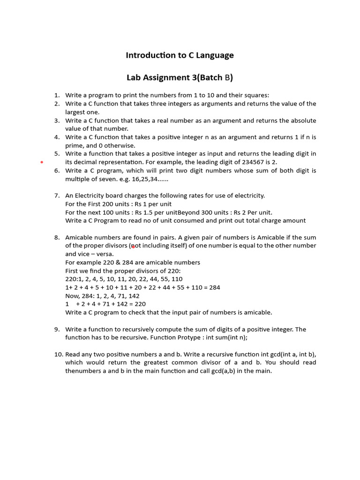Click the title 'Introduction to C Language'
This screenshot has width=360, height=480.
click(180, 55)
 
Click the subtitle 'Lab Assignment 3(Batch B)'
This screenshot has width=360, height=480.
click(180, 77)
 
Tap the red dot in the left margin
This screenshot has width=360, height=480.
click(42, 162)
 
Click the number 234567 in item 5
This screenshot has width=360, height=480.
click(247, 162)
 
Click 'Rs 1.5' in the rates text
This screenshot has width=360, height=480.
click(143, 212)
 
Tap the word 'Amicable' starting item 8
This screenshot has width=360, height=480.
click(80, 237)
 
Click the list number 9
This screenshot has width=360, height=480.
click(57, 329)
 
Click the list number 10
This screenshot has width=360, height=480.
click(58, 354)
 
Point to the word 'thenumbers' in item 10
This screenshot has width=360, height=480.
click(82, 371)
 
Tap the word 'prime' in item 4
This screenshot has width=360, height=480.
click(74, 145)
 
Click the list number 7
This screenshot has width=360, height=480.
click(57, 195)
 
